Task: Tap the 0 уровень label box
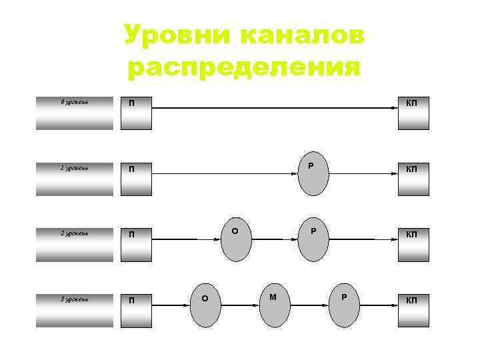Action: [x=75, y=113]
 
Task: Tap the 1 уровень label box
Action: [x=75, y=179]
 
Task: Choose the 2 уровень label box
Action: [x=75, y=244]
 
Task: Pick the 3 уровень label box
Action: [x=75, y=309]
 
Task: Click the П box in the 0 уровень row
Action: [x=136, y=113]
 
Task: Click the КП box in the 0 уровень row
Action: [x=413, y=113]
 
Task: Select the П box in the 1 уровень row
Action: [x=136, y=179]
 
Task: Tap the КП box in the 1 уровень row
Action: [x=413, y=179]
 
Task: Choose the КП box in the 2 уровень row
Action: [x=413, y=244]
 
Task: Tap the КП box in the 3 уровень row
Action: [x=413, y=309]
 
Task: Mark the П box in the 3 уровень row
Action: [x=136, y=309]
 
